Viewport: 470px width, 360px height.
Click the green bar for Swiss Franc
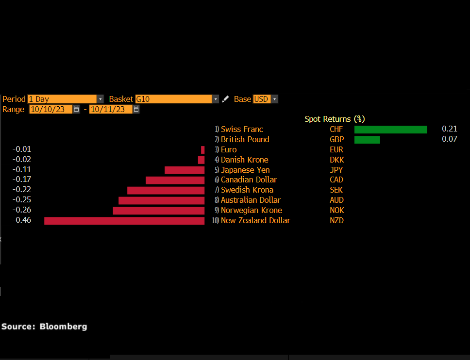(390, 130)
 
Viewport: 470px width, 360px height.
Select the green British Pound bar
(367, 140)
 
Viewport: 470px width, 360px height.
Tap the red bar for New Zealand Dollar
(124, 221)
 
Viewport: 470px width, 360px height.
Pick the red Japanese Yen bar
(185, 170)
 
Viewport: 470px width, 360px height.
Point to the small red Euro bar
(203, 150)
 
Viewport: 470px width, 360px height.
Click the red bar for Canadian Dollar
(175, 180)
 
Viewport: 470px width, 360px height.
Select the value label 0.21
(449, 129)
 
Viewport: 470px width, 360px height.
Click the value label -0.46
(22, 220)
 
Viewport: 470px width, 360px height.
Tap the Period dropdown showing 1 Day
(65, 99)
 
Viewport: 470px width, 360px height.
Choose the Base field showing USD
(265, 99)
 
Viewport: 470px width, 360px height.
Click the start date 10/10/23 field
(50, 109)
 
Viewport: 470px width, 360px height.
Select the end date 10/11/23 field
(111, 109)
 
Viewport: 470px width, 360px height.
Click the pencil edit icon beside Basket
(225, 99)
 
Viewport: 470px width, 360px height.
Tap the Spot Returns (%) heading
(335, 119)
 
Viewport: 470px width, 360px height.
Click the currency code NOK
(336, 211)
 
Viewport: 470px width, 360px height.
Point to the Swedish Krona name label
(247, 190)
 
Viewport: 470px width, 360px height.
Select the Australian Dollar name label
(251, 200)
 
